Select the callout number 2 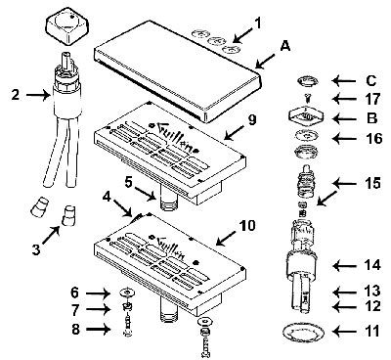14,95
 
